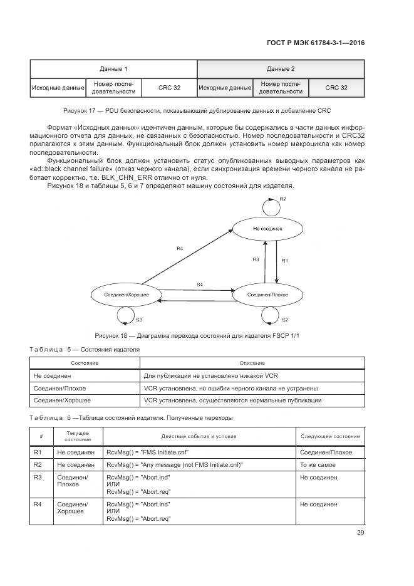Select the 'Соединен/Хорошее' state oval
coord(125,294)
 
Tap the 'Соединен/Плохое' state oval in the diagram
coord(267,294)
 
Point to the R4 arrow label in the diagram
coord(180,249)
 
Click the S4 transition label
coord(200,285)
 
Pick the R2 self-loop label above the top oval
coord(282,199)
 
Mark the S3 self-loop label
coord(139,320)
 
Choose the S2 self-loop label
coord(284,320)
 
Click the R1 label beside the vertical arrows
coord(284,259)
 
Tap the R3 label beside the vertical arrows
coord(256,259)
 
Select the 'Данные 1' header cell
coord(113,68)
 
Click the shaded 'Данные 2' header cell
coord(281,68)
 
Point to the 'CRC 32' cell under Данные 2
coord(336,88)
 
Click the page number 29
coord(360,533)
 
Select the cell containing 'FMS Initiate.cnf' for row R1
coord(199,452)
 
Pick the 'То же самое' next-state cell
coord(330,465)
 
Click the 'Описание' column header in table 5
coord(252,363)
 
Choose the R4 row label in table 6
coord(38,505)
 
